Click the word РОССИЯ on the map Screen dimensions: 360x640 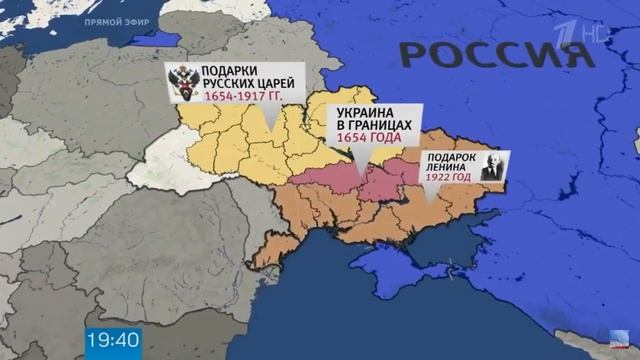tap(481, 54)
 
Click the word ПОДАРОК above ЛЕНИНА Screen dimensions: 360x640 tap(447, 158)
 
